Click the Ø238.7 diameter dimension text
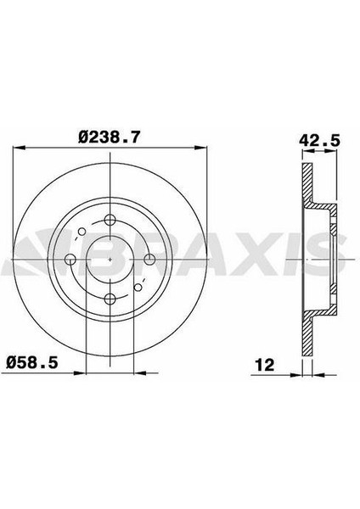click(110, 137)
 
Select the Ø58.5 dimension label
click(32, 362)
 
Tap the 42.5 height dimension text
click(319, 141)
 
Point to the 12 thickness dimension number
click(265, 365)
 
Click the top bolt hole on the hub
click(110, 220)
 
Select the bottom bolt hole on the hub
click(110, 299)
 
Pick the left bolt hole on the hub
click(70, 260)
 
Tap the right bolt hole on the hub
click(149, 260)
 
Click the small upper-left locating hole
click(82, 232)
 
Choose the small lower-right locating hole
click(138, 287)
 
